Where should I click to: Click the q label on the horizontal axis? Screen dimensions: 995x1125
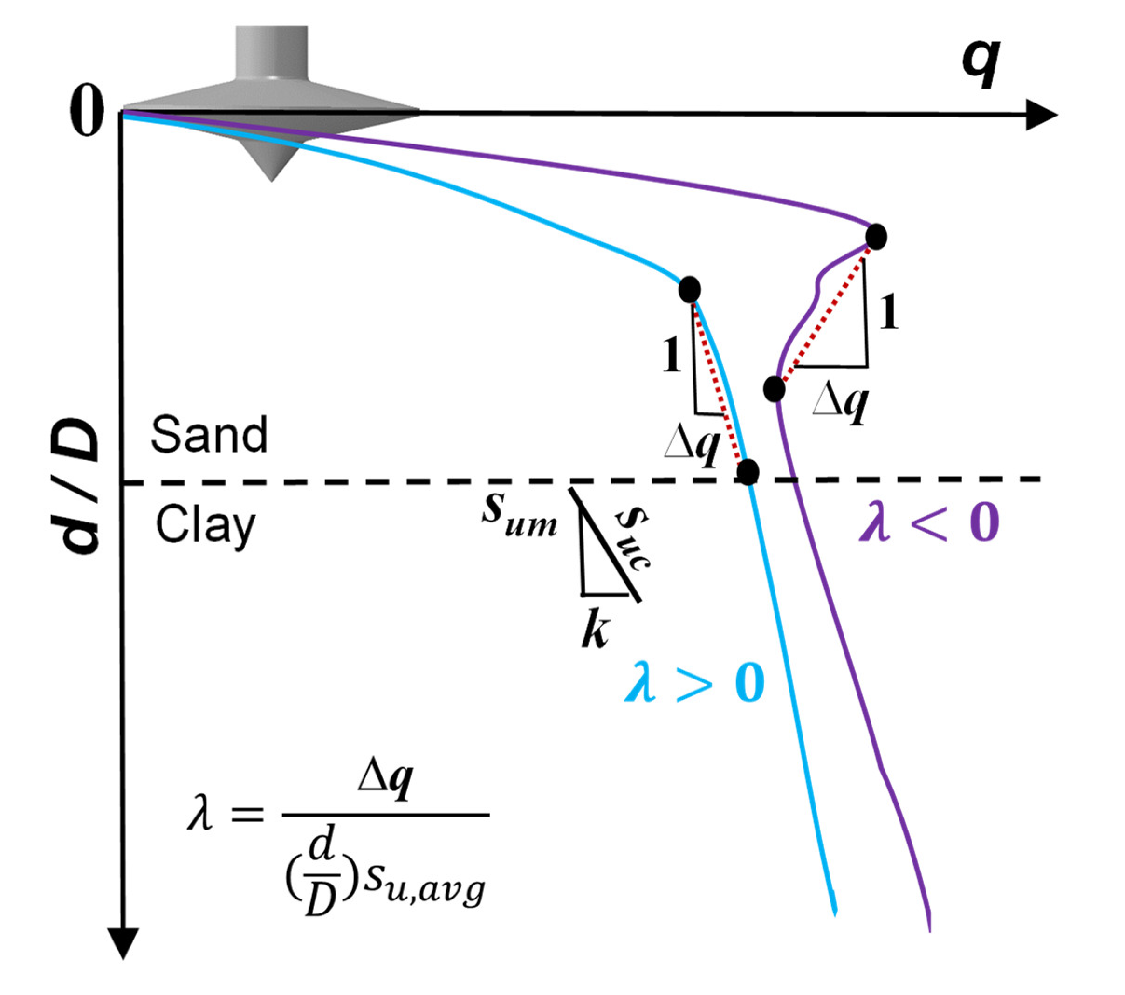[x=981, y=66]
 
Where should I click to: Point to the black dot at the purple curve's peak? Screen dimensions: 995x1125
[x=876, y=237]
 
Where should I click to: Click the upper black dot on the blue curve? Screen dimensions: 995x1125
[x=689, y=289]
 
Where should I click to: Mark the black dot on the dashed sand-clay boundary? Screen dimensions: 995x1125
[x=748, y=472]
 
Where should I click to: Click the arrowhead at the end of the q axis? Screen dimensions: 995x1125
[x=1040, y=116]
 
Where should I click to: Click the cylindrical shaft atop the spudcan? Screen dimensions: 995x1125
[x=271, y=52]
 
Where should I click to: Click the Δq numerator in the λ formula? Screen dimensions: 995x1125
[x=385, y=784]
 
